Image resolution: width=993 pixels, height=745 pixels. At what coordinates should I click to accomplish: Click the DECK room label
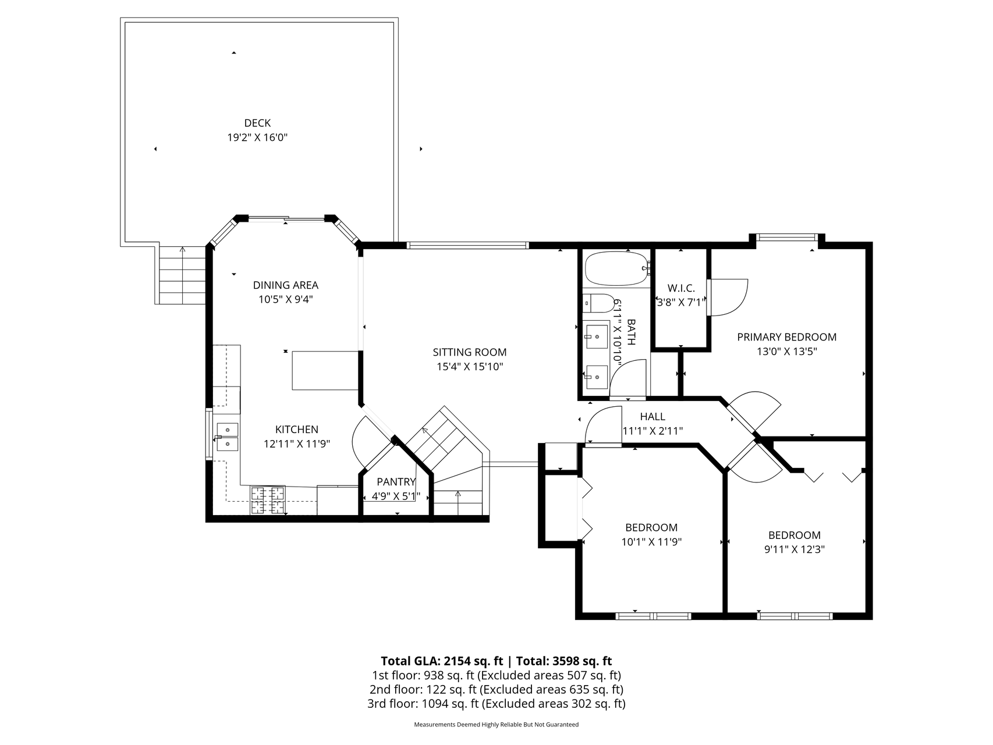pyautogui.click(x=257, y=123)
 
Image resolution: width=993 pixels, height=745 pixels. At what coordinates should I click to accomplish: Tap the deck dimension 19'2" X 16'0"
pyautogui.click(x=257, y=138)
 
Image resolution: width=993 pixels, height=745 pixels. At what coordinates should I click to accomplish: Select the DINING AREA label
pyautogui.click(x=285, y=285)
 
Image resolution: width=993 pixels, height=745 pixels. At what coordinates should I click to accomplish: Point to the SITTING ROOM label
pyautogui.click(x=470, y=352)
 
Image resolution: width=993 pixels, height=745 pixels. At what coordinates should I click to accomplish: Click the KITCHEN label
pyautogui.click(x=297, y=430)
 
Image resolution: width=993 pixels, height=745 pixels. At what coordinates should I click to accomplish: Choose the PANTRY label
pyautogui.click(x=396, y=482)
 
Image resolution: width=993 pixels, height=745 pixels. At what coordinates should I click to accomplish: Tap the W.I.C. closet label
pyautogui.click(x=681, y=288)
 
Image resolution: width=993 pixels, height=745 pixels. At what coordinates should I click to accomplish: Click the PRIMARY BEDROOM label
pyautogui.click(x=787, y=337)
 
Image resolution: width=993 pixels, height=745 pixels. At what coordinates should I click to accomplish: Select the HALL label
pyautogui.click(x=652, y=417)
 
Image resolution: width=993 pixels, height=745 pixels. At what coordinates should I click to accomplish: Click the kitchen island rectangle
pyautogui.click(x=325, y=370)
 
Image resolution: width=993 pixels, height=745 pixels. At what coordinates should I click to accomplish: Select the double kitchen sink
pyautogui.click(x=228, y=437)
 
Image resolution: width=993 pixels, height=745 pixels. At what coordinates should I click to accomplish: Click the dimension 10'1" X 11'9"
pyautogui.click(x=651, y=542)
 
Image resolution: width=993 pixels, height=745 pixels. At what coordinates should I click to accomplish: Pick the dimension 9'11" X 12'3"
pyautogui.click(x=795, y=549)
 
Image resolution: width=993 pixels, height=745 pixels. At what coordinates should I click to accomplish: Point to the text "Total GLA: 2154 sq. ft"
pyautogui.click(x=442, y=661)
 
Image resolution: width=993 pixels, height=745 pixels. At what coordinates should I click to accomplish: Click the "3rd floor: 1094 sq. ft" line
pyautogui.click(x=423, y=704)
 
